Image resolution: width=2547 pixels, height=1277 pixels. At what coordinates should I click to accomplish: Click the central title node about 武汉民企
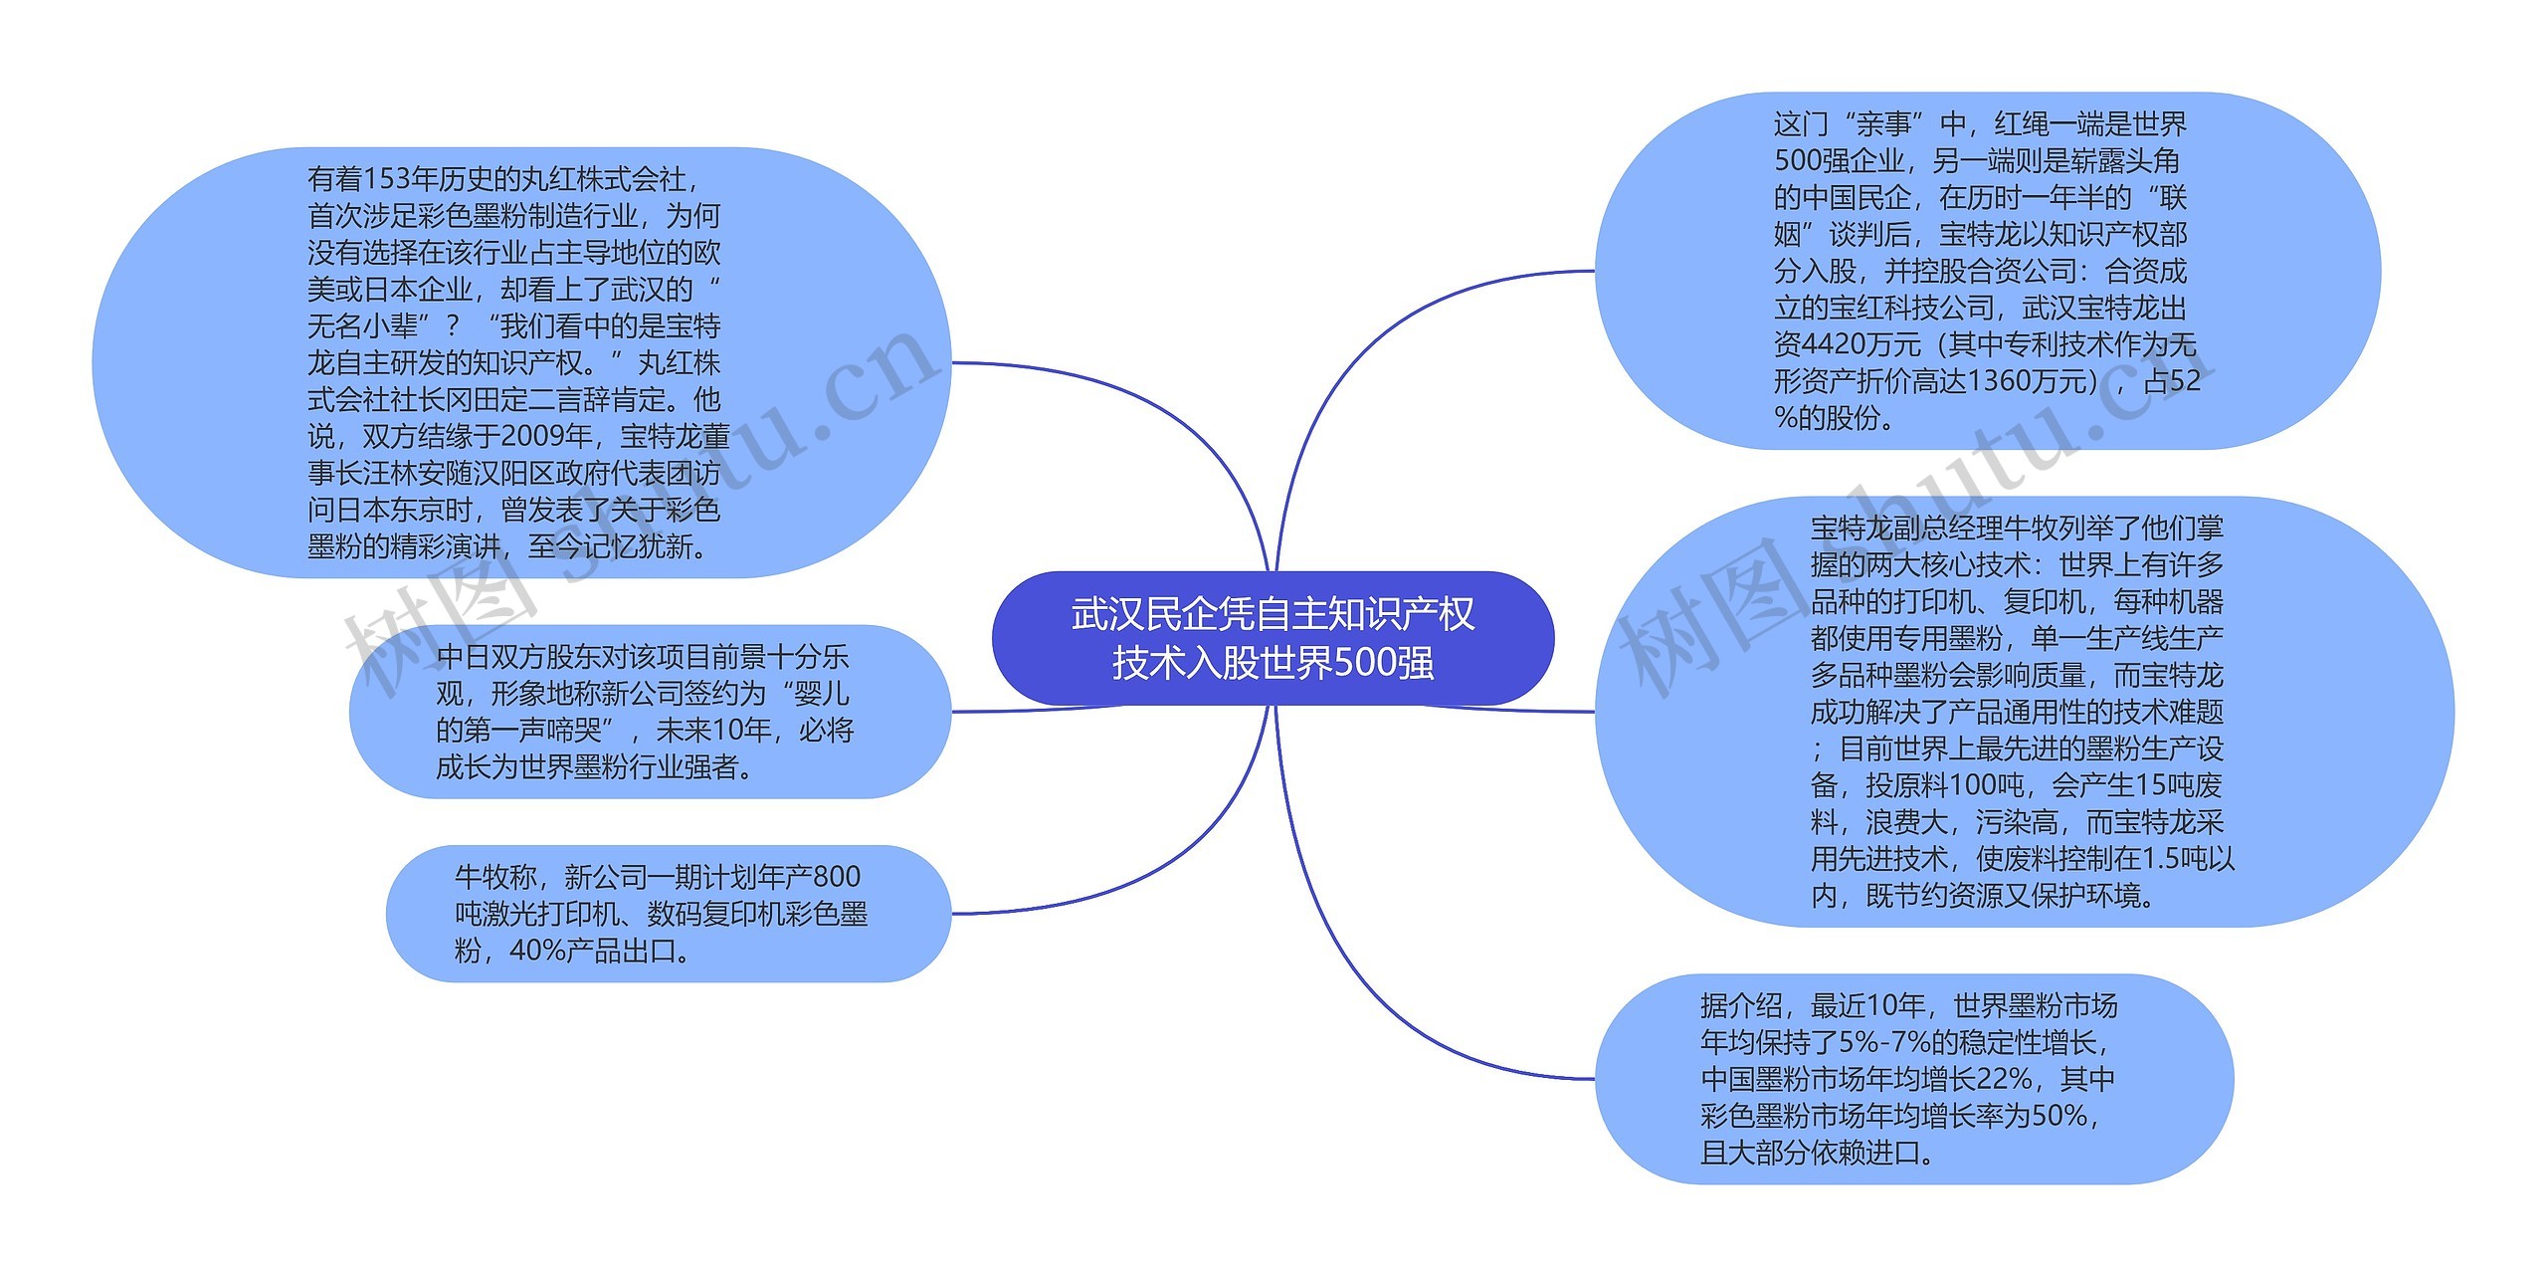tap(1273, 638)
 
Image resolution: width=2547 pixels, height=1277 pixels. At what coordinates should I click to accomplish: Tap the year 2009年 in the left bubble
tap(546, 437)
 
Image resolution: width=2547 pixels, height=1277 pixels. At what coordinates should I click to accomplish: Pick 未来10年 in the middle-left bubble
tap(713, 731)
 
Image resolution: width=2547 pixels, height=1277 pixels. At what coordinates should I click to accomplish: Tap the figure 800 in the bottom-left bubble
tap(836, 877)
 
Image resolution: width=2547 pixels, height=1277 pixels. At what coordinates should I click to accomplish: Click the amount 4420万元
tap(1847, 345)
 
